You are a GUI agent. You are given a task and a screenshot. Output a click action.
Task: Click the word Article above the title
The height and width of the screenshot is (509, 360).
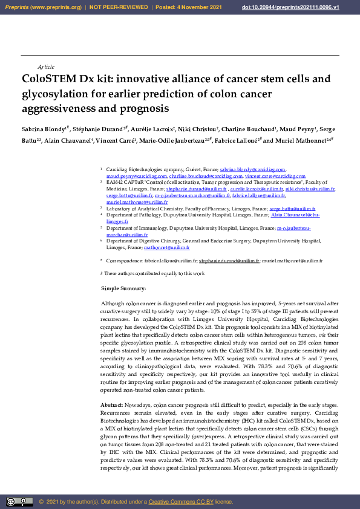(46, 66)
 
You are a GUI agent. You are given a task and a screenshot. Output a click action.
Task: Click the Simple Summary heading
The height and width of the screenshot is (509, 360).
(123, 289)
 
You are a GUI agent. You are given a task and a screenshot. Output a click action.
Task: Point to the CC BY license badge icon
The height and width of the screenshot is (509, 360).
(19, 502)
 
